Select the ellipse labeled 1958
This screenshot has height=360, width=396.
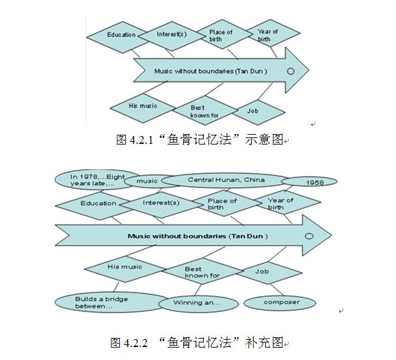[x=309, y=182]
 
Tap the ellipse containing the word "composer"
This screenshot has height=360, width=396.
[x=281, y=302]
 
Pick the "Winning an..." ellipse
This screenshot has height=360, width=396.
[x=197, y=303]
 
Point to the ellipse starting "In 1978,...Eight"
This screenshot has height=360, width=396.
[x=91, y=179]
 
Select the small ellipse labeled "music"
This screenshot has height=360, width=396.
[x=146, y=181]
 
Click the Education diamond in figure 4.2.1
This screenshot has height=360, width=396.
[x=121, y=35]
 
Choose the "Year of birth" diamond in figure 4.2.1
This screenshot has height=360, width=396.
[x=267, y=35]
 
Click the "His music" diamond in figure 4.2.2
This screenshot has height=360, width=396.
[x=125, y=267]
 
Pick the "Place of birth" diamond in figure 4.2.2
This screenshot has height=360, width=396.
[x=222, y=204]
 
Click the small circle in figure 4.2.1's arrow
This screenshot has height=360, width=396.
[x=290, y=70]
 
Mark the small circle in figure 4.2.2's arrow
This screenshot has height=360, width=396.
[x=309, y=236]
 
